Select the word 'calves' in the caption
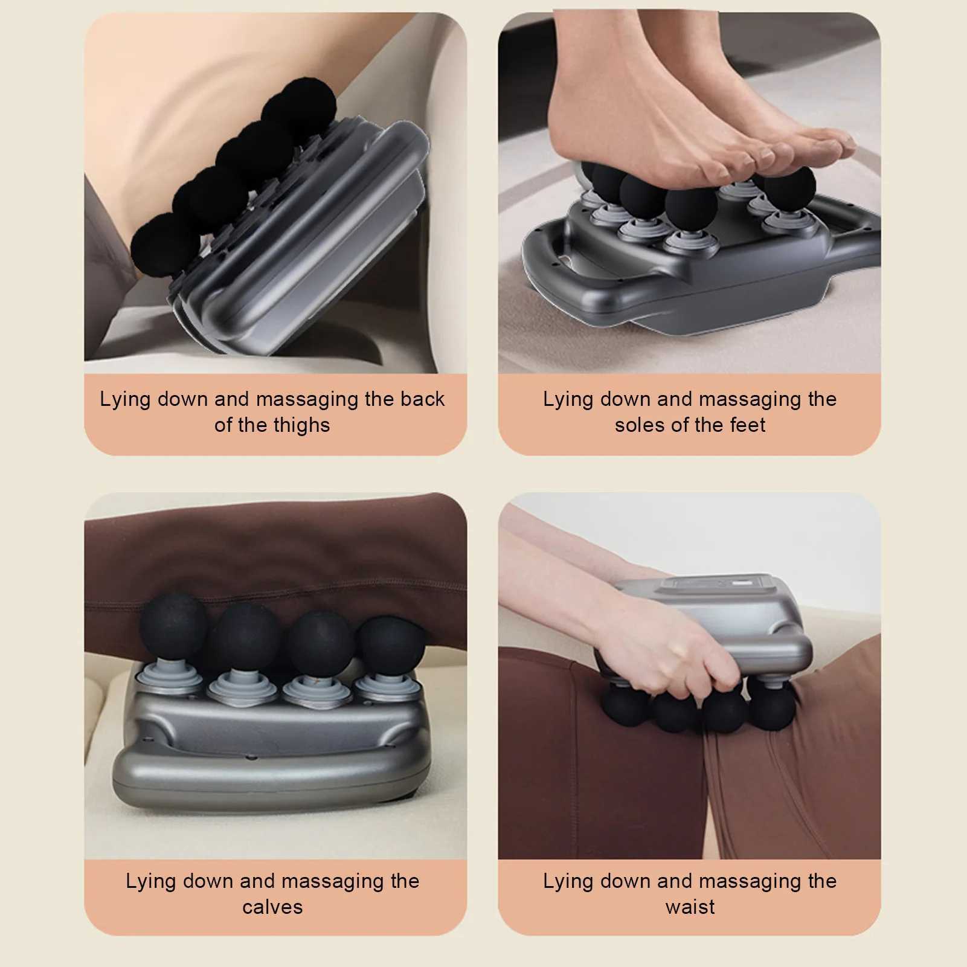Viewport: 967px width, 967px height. click(x=272, y=907)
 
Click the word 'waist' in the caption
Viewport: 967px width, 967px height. click(x=690, y=907)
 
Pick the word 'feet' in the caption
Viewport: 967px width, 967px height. click(x=747, y=425)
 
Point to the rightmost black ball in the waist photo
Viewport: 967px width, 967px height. click(x=772, y=707)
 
